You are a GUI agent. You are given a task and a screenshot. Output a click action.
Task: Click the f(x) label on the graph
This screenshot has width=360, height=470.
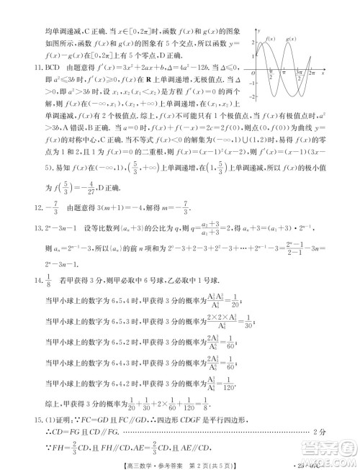pyautogui.click(x=270, y=38)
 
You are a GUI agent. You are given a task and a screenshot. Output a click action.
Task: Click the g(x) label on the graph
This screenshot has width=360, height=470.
pyautogui.click(x=292, y=38)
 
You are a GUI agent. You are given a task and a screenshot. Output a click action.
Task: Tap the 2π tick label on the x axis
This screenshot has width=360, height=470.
pyautogui.click(x=311, y=73)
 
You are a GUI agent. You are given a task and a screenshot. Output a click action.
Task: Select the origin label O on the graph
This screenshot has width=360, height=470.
pyautogui.click(x=253, y=73)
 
